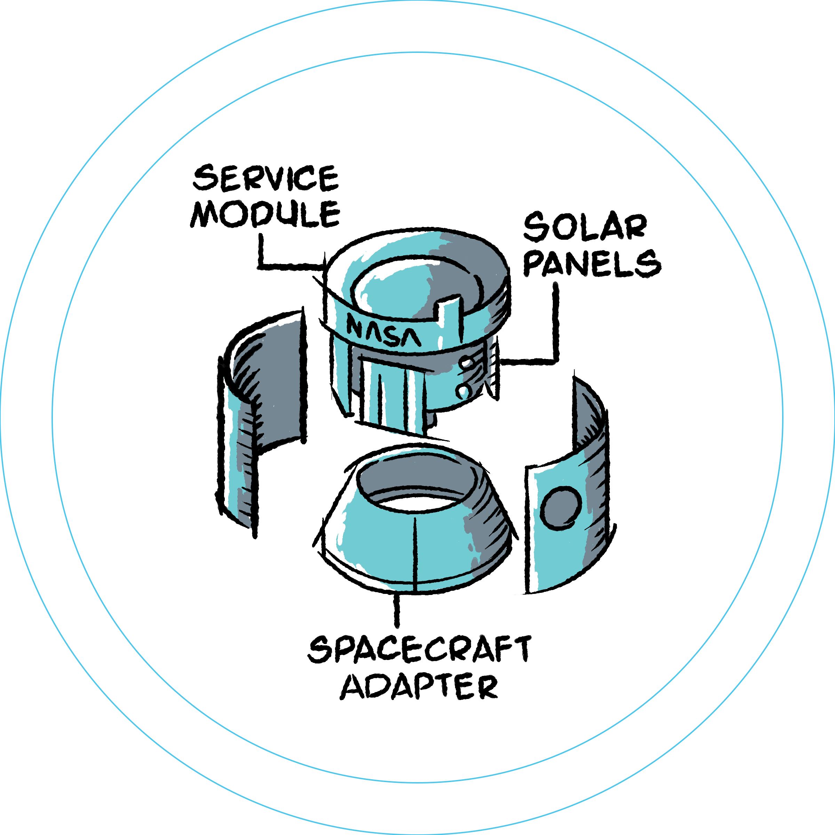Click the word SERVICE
pyautogui.click(x=265, y=178)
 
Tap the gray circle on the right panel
pyautogui.click(x=560, y=508)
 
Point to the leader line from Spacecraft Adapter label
pyautogui.click(x=397, y=610)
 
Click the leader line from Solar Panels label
pyautogui.click(x=555, y=324)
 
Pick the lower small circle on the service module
pyautogui.click(x=462, y=391)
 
